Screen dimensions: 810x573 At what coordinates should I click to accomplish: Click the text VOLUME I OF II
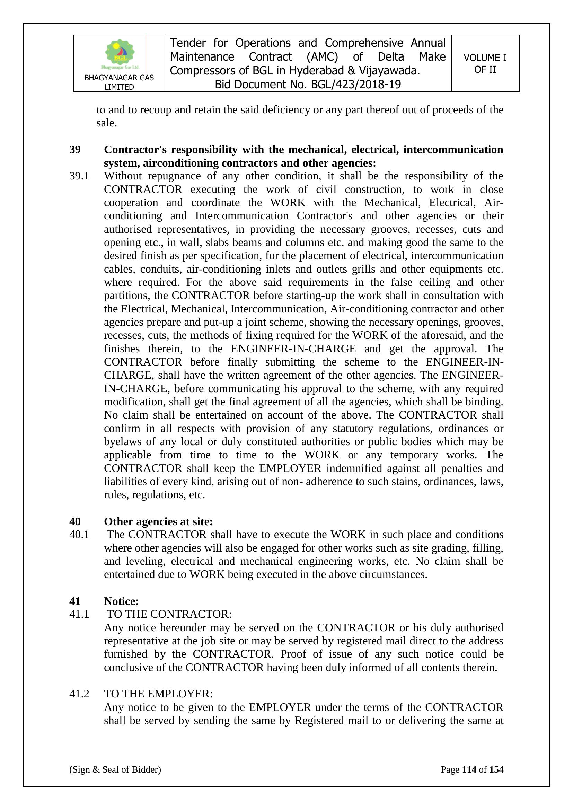pyautogui.click(x=485, y=63)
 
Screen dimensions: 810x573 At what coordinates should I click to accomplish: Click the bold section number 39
pyautogui.click(x=75, y=150)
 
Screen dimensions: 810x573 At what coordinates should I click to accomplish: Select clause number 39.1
pyautogui.click(x=79, y=176)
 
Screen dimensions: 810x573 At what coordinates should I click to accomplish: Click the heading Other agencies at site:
pyautogui.click(x=158, y=521)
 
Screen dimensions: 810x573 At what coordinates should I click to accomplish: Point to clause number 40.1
pyautogui.click(x=79, y=535)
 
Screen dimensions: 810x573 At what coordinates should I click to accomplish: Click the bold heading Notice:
pyautogui.click(x=121, y=601)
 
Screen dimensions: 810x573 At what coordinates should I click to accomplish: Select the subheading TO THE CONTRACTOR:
pyautogui.click(x=169, y=614)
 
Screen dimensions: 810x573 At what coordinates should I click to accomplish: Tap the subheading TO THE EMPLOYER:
pyautogui.click(x=158, y=694)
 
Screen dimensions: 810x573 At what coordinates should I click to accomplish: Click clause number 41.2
pyautogui.click(x=79, y=694)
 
